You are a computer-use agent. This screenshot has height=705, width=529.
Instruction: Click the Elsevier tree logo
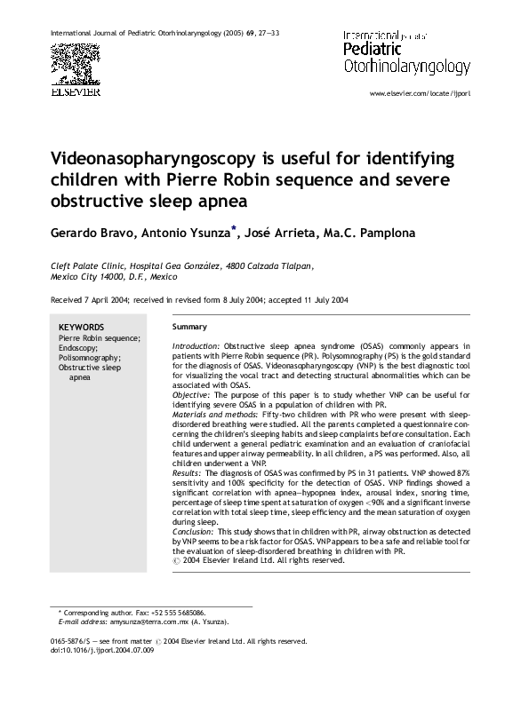[74, 61]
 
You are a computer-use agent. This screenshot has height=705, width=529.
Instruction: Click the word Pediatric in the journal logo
[372, 52]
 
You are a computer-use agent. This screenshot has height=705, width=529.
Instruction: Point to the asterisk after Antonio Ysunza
[235, 228]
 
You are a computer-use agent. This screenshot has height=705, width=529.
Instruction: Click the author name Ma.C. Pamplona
[376, 232]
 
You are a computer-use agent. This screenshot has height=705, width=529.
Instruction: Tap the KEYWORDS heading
[81, 327]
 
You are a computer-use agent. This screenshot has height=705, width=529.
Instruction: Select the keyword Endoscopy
[80, 348]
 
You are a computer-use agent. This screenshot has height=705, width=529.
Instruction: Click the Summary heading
[188, 327]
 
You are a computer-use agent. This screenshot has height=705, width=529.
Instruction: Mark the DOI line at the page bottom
[102, 651]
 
